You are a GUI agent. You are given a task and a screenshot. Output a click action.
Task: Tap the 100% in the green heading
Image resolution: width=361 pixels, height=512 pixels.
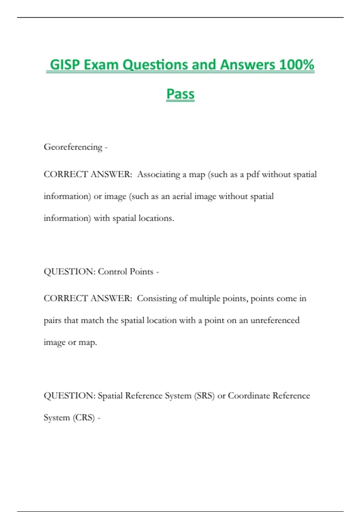(297, 65)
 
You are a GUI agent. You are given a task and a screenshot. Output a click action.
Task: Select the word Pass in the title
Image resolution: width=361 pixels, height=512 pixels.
(180, 94)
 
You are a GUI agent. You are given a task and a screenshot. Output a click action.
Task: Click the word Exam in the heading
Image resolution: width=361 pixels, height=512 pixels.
(101, 65)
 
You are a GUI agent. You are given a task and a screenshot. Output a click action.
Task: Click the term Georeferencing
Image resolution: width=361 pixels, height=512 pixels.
(73, 147)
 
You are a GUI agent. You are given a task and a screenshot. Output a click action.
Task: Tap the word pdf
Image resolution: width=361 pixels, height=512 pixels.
(253, 174)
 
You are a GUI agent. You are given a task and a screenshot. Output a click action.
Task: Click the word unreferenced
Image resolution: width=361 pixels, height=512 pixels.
(275, 320)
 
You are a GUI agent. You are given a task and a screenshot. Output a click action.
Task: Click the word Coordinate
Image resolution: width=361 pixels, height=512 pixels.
(249, 396)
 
